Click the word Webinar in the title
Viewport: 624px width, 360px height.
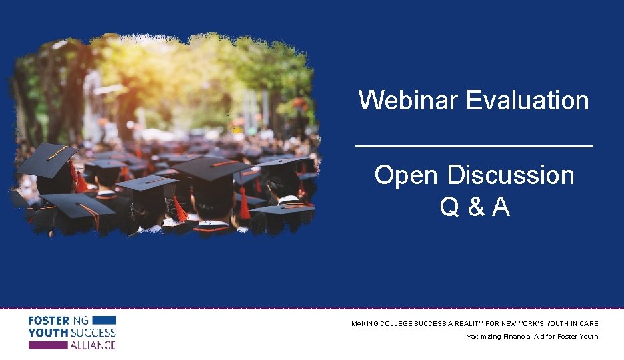408,101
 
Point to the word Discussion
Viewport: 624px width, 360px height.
510,175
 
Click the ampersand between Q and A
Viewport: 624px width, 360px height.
475,208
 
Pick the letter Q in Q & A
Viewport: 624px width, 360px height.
449,208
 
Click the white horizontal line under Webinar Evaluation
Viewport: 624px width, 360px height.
474,146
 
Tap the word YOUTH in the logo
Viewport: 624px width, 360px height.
47,333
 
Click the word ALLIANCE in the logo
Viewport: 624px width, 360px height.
93,345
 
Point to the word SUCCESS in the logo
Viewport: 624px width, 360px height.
93,333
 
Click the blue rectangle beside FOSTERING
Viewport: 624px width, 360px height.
103,321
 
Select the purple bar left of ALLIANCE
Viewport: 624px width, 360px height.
47,345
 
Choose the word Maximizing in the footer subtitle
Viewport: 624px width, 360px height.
483,337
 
